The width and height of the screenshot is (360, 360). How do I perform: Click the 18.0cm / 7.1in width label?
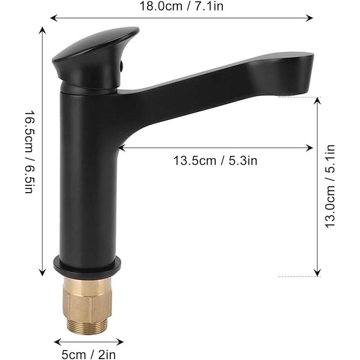point(181,6)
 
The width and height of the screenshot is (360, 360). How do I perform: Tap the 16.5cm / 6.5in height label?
point(29,152)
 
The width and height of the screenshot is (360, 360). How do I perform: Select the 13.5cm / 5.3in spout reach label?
point(216,160)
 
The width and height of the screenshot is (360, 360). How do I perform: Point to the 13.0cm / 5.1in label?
point(331,186)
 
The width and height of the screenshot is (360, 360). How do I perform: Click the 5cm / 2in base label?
point(89,354)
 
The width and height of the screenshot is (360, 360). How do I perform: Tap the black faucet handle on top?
point(94,54)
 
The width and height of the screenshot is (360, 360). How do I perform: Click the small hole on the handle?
point(121,67)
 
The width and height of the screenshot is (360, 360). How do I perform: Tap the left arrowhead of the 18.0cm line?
point(52,18)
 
